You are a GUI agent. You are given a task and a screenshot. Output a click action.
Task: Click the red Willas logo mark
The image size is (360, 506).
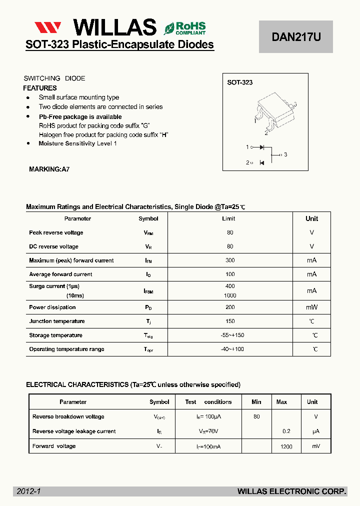(48, 27)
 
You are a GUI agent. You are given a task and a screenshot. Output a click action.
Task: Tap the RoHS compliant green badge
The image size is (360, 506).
(184, 27)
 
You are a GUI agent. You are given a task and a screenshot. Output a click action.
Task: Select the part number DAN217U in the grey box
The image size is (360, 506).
(295, 36)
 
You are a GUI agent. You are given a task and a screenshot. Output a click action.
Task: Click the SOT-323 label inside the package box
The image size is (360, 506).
(240, 82)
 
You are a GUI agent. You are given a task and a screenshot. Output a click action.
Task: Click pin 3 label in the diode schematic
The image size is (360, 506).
(285, 154)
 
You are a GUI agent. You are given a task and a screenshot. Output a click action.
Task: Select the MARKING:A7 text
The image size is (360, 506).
(49, 169)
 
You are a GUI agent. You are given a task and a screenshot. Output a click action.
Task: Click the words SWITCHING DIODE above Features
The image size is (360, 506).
(54, 78)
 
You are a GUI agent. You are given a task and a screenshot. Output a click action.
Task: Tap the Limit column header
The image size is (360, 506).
(228, 218)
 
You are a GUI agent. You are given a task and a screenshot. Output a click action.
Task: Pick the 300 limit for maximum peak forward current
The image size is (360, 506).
(229, 260)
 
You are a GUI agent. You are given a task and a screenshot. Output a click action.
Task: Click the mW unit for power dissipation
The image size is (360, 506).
(311, 307)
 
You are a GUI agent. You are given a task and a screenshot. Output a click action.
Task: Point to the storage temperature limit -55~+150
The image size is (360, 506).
(232, 335)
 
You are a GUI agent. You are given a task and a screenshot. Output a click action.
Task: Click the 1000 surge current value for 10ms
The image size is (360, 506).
(230, 295)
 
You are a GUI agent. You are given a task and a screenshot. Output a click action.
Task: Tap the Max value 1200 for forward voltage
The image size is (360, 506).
(286, 446)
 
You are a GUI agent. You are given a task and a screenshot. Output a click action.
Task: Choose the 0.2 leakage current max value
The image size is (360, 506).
(286, 431)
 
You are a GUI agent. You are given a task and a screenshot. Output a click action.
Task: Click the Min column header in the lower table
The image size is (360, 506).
(256, 402)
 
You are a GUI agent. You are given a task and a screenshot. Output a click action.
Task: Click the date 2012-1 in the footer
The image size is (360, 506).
(28, 491)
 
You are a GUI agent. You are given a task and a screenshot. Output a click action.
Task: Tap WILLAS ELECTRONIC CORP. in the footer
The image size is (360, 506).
(291, 491)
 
